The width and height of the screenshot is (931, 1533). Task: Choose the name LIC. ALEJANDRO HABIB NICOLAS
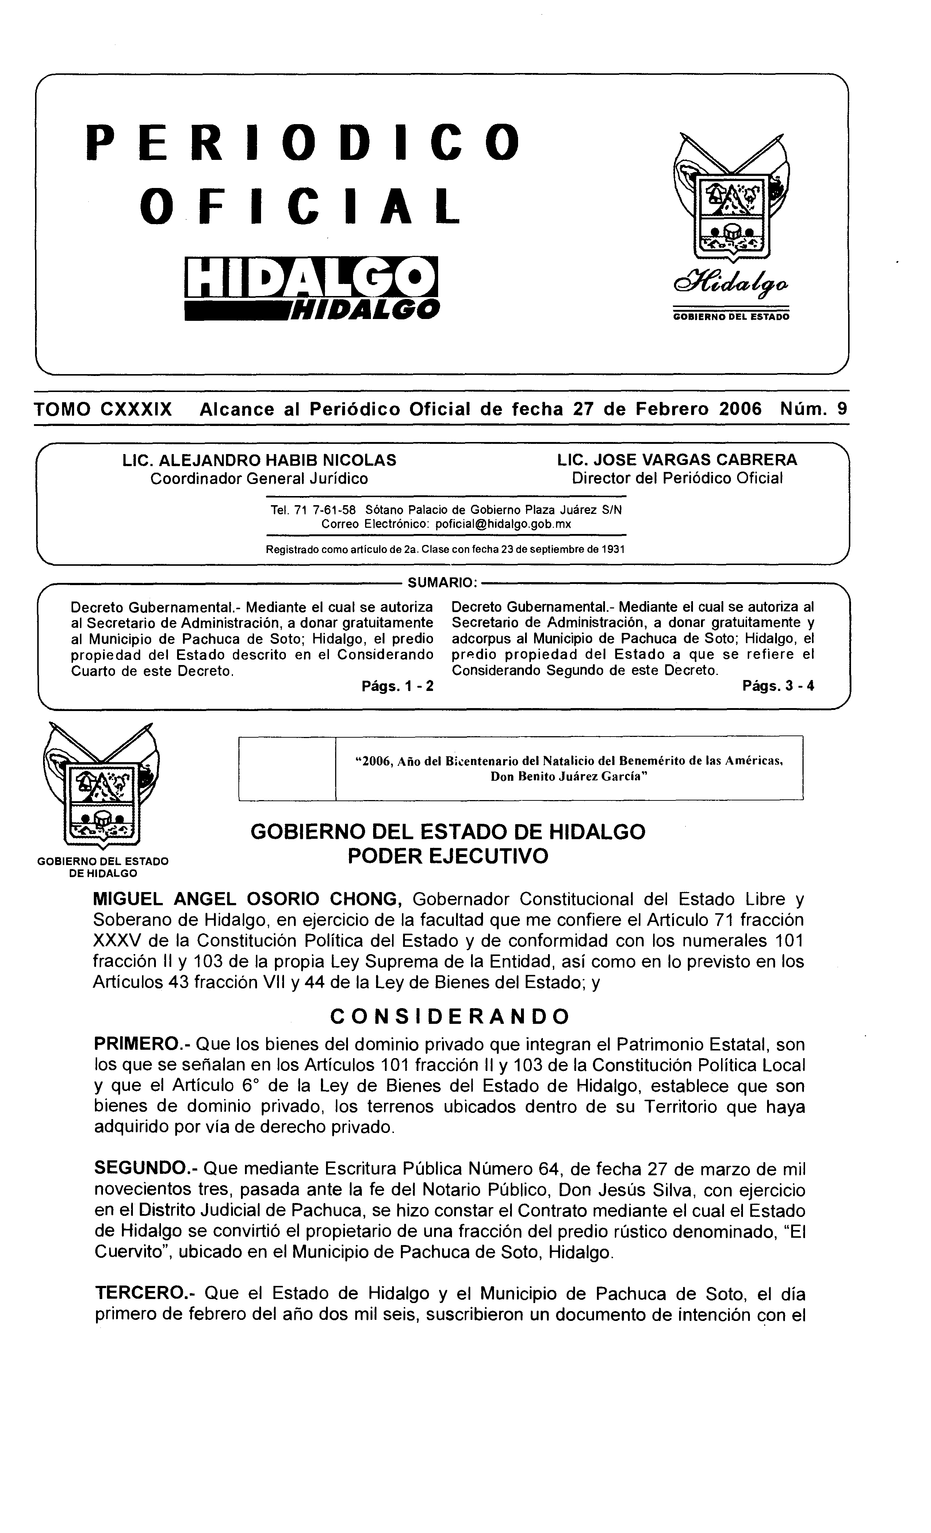click(260, 460)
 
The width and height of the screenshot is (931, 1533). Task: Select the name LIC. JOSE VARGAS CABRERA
click(677, 460)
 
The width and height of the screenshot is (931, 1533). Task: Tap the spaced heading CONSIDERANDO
click(449, 1017)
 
